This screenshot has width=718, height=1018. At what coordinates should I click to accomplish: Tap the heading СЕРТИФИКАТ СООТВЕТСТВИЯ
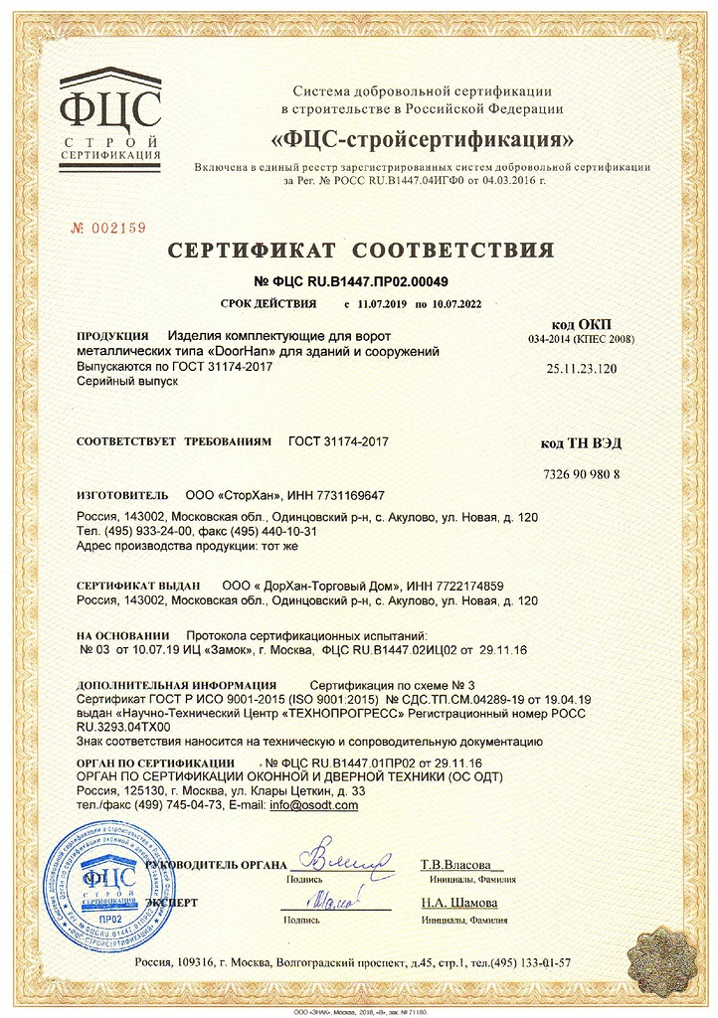tap(359, 250)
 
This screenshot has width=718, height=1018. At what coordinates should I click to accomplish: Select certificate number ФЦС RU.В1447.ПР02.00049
tap(359, 281)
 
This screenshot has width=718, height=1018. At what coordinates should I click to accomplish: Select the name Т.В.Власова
tap(461, 864)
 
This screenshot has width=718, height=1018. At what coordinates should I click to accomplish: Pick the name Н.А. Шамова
tap(459, 904)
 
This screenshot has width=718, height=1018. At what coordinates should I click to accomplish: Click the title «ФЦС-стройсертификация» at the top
tap(422, 136)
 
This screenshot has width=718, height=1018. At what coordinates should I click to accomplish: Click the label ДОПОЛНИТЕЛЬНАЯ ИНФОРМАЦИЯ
tap(176, 685)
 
